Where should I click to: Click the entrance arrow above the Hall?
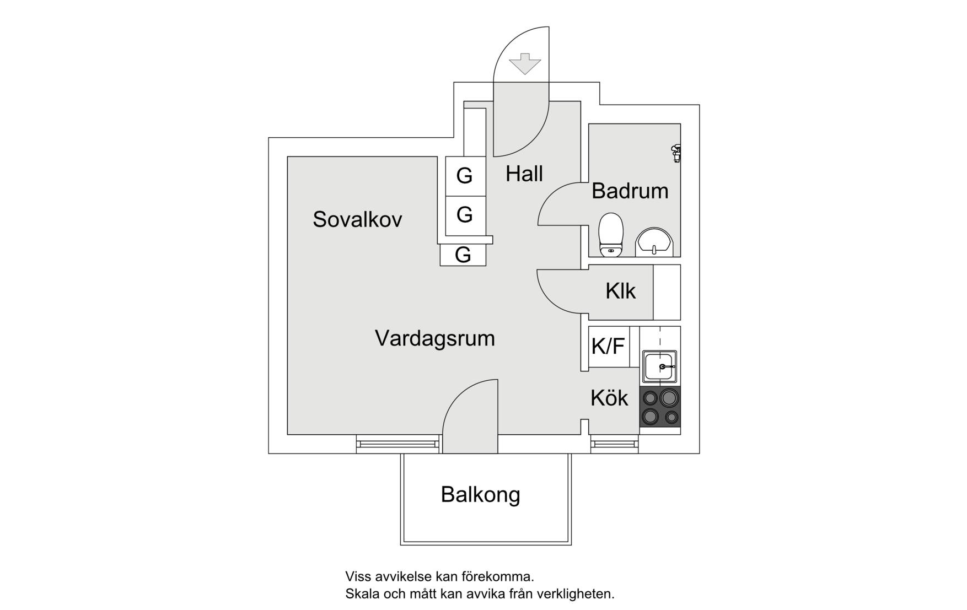click(x=525, y=63)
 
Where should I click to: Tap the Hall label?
click(x=524, y=174)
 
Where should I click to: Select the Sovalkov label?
click(x=357, y=219)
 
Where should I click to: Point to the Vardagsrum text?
click(x=435, y=338)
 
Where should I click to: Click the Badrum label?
click(x=630, y=191)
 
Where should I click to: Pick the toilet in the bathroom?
click(x=611, y=235)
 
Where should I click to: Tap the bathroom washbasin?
click(x=654, y=242)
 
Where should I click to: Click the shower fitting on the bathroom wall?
click(x=676, y=153)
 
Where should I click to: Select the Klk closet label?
click(x=620, y=291)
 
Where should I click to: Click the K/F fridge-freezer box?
click(x=609, y=347)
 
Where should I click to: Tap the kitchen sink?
click(x=660, y=366)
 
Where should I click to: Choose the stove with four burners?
click(x=660, y=407)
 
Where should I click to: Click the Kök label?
click(x=609, y=398)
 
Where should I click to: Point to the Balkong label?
click(x=480, y=495)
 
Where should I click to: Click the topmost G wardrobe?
click(x=465, y=176)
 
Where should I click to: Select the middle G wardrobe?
click(x=465, y=215)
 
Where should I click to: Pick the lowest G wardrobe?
click(x=463, y=255)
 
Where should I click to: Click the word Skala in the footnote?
click(x=361, y=594)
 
